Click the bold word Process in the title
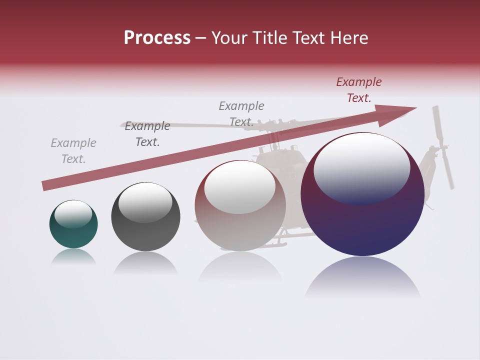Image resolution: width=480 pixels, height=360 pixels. coord(157,38)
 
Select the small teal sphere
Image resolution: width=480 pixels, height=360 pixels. coord(73,224)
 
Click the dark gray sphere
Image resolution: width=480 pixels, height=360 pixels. coord(145,217)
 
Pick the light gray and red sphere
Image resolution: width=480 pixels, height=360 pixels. coord(240,205)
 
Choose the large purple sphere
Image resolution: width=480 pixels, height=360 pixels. coord(362,194)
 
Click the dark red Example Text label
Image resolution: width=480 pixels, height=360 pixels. coord(359,90)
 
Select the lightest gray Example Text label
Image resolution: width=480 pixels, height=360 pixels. coord(73,151)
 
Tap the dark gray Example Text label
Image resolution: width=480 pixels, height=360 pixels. coord(147,134)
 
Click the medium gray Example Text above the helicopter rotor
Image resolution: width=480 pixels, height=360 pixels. coord(241,114)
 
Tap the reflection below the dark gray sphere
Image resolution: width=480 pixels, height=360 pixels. coord(145,263)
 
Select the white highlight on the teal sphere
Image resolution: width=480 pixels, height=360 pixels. coord(73,213)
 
